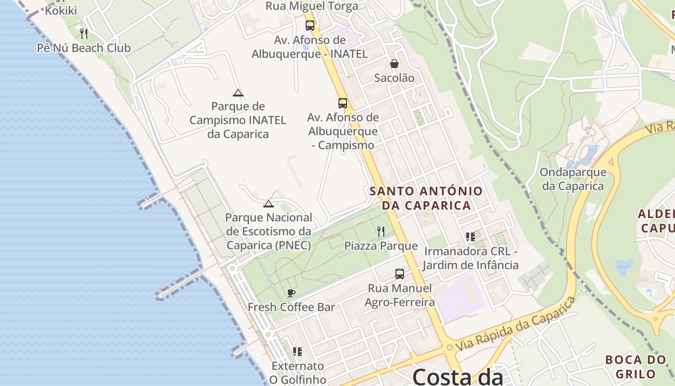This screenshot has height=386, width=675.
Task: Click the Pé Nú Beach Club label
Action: (84, 48)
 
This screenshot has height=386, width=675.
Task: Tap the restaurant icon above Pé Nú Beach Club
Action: (84, 33)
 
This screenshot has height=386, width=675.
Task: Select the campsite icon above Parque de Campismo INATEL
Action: (237, 93)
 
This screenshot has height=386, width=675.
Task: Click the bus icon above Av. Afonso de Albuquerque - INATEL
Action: (310, 25)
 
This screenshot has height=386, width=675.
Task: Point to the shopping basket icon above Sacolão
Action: (394, 64)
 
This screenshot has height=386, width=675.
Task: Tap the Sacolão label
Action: (394, 78)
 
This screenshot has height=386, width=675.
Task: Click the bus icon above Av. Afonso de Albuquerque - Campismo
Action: (342, 103)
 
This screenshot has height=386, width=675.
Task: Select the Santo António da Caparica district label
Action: (426, 198)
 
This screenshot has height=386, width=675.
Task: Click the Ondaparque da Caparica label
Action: (573, 179)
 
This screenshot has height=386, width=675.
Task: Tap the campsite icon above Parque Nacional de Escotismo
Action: (269, 204)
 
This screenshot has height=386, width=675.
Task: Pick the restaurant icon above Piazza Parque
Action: (381, 232)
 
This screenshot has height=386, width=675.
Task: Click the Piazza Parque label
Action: (381, 246)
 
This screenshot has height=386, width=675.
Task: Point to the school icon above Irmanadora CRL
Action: (471, 237)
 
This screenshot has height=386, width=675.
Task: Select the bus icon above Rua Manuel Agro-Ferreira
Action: (399, 274)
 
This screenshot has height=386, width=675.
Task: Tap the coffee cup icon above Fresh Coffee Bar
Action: (291, 293)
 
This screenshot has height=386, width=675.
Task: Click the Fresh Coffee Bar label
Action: (291, 307)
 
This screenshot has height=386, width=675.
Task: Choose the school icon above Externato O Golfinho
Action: (297, 352)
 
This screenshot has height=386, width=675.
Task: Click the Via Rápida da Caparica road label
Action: (516, 324)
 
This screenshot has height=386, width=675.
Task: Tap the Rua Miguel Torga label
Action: (312, 6)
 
